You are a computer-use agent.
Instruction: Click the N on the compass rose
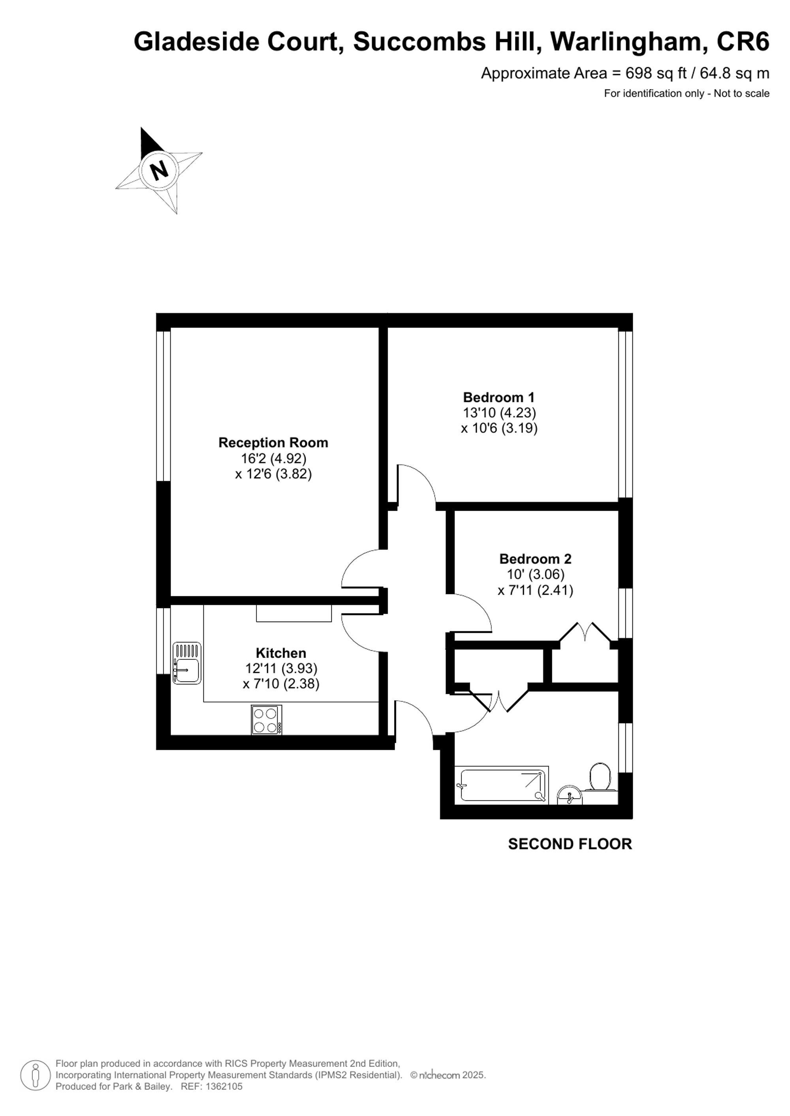pyautogui.click(x=159, y=170)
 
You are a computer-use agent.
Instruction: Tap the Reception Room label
pyautogui.click(x=273, y=442)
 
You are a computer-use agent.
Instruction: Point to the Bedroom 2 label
pyautogui.click(x=535, y=558)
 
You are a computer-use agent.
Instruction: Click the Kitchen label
pyautogui.click(x=281, y=653)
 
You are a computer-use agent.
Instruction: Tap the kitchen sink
pyautogui.click(x=187, y=663)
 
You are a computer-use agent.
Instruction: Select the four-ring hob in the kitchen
pyautogui.click(x=266, y=720)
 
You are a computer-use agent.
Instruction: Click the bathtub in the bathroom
pyautogui.click(x=502, y=785)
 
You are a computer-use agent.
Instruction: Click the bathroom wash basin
pyautogui.click(x=569, y=796)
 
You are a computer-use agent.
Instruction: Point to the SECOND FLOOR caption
pyautogui.click(x=570, y=844)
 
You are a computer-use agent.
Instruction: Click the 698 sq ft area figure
pyautogui.click(x=656, y=73)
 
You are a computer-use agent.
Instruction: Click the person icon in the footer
pyautogui.click(x=35, y=1075)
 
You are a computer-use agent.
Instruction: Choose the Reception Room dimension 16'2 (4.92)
pyautogui.click(x=273, y=459)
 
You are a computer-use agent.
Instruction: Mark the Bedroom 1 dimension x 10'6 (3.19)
pyautogui.click(x=499, y=428)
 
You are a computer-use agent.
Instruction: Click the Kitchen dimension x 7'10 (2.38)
pyautogui.click(x=281, y=684)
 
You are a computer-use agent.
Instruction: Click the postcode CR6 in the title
pyautogui.click(x=743, y=41)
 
